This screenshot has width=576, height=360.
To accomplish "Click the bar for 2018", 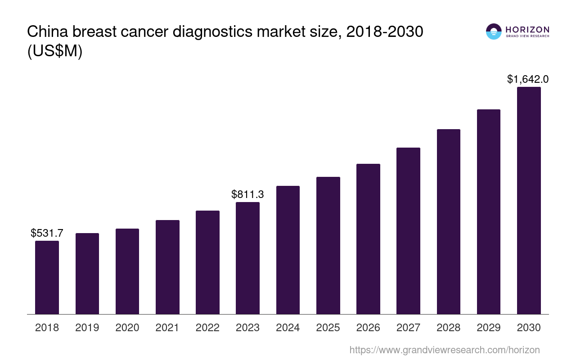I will [x=47, y=277].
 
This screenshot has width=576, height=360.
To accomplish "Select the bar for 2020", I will [x=127, y=271].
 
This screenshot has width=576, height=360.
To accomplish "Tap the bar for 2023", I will [x=247, y=258].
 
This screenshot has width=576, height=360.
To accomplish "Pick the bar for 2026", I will [x=368, y=239].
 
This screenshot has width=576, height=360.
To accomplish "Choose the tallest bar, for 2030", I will [x=529, y=200].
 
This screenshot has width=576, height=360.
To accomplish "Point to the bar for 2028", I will [x=449, y=221].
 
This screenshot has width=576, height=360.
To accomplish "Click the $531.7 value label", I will [x=47, y=233].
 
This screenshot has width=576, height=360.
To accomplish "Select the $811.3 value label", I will [x=247, y=194].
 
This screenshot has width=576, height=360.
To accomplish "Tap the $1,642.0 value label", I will [x=528, y=79].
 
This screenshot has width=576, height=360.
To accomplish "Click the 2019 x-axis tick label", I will [x=87, y=328].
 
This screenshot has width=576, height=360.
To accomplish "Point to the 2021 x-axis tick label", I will [x=167, y=328].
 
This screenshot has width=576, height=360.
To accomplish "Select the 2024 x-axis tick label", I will [x=288, y=328].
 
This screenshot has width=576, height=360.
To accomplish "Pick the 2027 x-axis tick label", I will [x=408, y=328].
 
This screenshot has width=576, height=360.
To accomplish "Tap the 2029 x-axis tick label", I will [x=489, y=328].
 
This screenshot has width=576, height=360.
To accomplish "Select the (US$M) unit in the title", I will [x=55, y=51].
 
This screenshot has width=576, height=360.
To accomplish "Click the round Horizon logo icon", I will [x=494, y=31].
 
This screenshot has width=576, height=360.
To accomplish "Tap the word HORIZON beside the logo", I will [x=527, y=29].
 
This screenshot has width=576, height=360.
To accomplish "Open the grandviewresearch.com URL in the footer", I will [x=445, y=350].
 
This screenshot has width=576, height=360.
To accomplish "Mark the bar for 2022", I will [x=207, y=262].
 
